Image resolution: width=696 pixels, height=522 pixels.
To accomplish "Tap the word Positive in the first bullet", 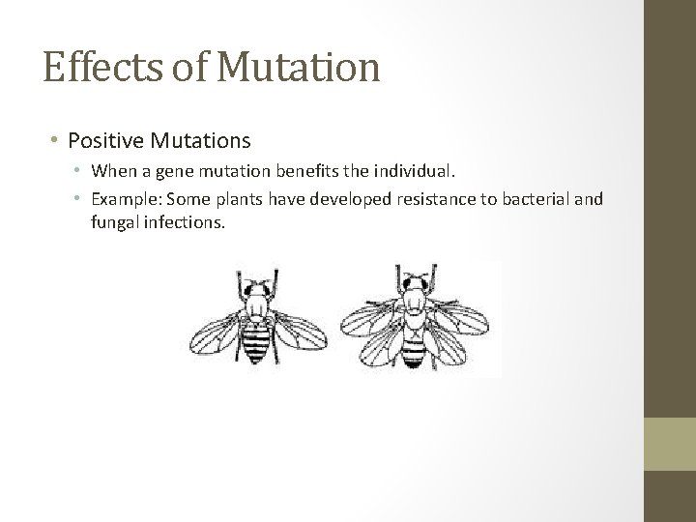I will click(104, 141).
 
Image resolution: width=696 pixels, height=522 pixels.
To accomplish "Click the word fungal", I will click(116, 222).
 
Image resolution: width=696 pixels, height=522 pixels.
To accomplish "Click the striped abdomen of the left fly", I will click(254, 343).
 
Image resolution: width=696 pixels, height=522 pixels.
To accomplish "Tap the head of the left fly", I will click(254, 289).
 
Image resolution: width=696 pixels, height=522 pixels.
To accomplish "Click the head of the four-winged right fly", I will click(414, 282).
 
